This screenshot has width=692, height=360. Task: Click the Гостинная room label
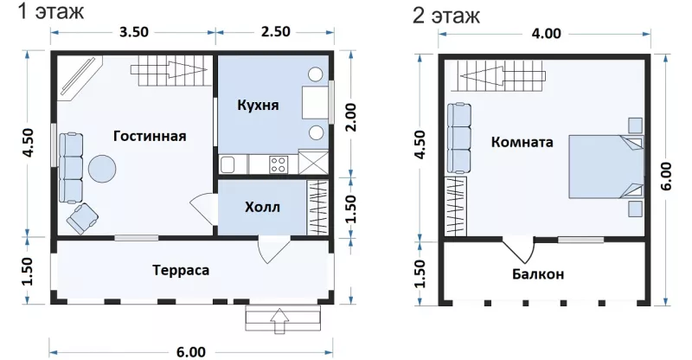tap(150, 136)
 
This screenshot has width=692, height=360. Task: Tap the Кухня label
tap(258, 105)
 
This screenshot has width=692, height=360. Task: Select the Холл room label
tap(263, 207)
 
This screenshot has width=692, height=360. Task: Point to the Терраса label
tap(181, 270)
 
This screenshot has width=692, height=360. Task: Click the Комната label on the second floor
tap(522, 142)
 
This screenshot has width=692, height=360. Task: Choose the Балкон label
tap(538, 274)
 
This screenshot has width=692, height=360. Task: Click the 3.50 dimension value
tap(134, 32)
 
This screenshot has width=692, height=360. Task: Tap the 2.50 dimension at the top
tap(276, 32)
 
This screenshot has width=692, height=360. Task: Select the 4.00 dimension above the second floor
tap(547, 34)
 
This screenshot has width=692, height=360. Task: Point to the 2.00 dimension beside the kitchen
tap(351, 118)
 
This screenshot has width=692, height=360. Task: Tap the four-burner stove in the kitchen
tap(278, 164)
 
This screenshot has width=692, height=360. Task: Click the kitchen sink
tap(227, 164)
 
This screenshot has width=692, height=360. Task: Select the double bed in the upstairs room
tap(605, 166)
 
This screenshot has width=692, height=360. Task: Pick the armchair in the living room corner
tap(82, 219)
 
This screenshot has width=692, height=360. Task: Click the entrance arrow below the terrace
tap(279, 321)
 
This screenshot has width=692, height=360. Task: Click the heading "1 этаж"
tap(51, 12)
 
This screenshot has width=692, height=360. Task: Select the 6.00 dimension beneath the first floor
tap(190, 352)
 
